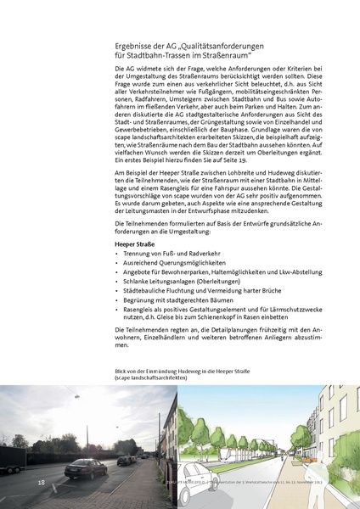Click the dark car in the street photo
pos(85,467)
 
